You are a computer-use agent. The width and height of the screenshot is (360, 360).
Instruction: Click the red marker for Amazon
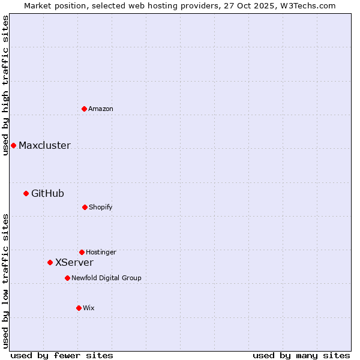coord(85,109)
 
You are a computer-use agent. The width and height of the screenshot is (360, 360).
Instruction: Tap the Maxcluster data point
coord(13,145)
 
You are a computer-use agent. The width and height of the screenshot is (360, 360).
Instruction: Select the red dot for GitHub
coord(26,193)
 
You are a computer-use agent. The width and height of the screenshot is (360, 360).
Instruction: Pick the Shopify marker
coord(85,207)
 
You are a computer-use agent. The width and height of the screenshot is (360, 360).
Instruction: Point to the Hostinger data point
coord(82,252)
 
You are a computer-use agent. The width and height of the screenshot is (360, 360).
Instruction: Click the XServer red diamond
coord(50,262)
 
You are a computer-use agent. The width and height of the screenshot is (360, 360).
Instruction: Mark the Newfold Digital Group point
coord(67,278)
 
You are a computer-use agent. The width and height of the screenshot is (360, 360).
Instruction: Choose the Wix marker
coord(79,308)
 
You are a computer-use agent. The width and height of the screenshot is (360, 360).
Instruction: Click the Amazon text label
coord(101,109)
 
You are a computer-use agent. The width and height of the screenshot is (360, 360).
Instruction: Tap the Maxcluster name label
coord(44,145)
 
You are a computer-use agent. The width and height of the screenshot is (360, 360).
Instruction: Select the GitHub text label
coord(47,193)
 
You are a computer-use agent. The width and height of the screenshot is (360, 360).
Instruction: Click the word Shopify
coord(101,207)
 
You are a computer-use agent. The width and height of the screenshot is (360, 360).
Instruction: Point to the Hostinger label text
coord(101,252)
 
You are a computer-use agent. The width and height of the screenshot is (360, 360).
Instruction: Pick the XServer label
coord(74,262)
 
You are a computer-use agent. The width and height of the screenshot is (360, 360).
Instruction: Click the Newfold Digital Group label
coord(106,278)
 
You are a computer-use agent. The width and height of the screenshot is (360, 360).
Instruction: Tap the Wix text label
coord(89,308)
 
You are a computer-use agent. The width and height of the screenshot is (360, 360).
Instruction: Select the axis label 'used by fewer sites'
coord(62,355)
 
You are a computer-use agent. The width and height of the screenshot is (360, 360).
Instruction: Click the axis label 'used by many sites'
coord(301,355)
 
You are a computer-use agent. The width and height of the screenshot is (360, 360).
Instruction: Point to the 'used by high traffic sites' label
coord(5,85)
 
